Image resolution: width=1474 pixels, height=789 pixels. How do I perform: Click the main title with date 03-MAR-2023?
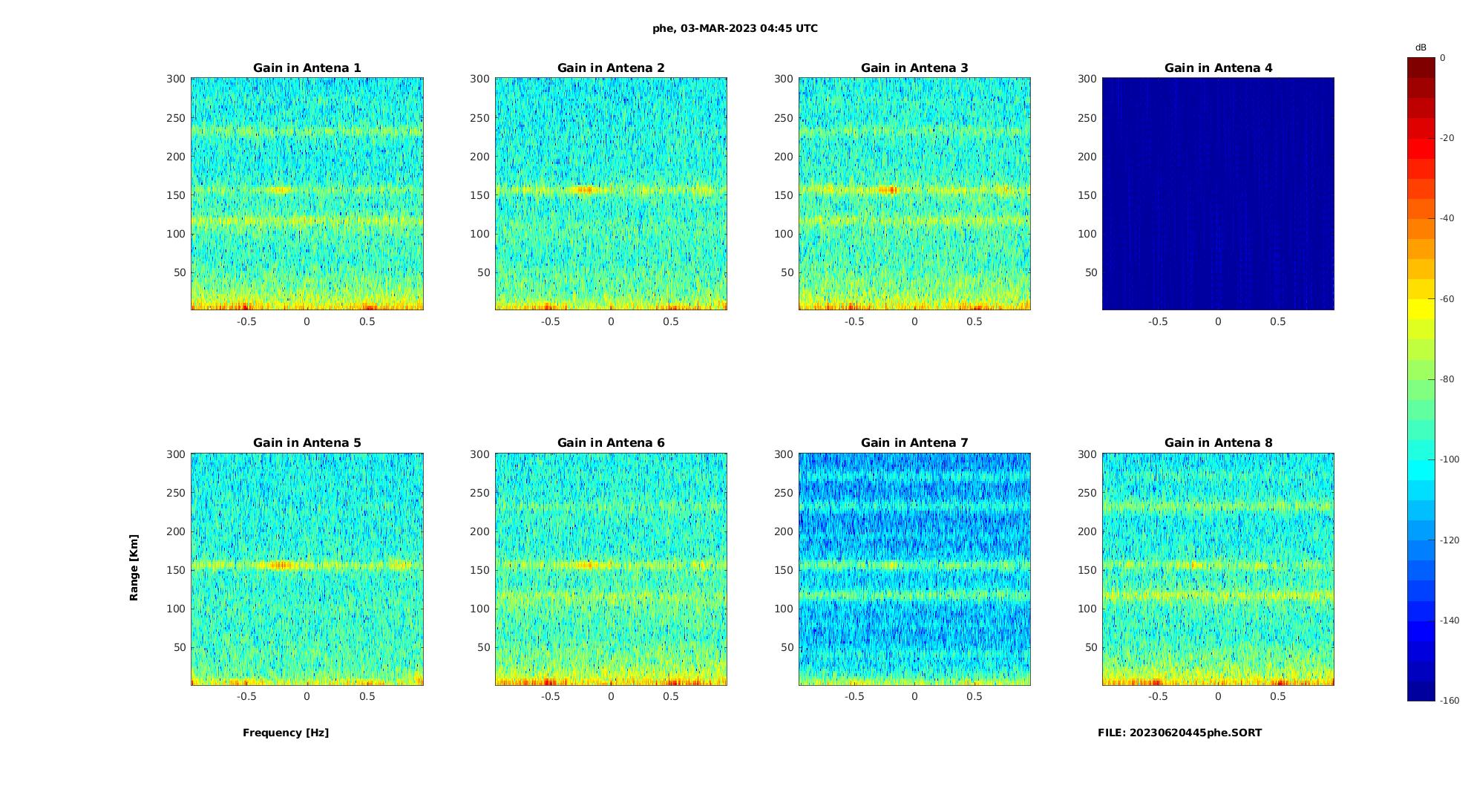pos(735,28)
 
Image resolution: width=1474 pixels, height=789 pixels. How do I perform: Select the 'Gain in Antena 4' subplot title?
pos(1218,68)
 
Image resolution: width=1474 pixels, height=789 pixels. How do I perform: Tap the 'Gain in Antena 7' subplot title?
pos(914,442)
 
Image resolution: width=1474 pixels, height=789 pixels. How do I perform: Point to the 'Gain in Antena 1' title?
pos(307,68)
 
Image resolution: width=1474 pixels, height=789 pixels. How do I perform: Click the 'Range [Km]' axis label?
pos(134,567)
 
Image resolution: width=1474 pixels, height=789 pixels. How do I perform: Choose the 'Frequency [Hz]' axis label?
pos(286,733)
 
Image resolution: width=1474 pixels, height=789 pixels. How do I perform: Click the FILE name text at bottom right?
pos(1179,733)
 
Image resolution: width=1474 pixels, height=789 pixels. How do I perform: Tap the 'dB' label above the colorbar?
pos(1421,48)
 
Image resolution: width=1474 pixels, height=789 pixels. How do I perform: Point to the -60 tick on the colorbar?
pos(1447,299)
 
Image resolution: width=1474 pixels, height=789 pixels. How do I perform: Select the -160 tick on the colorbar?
pos(1450,701)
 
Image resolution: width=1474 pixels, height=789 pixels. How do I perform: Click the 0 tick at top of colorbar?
pos(1443,58)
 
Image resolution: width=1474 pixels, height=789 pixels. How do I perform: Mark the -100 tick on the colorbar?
pos(1450,459)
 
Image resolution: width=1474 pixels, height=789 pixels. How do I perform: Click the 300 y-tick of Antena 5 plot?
pos(176,454)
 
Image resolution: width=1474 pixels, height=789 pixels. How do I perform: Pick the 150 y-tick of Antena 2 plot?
pos(480,195)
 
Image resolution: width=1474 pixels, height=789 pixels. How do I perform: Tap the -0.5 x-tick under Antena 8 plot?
pos(1158,696)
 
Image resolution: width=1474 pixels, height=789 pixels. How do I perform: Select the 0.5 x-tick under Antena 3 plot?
pos(975,321)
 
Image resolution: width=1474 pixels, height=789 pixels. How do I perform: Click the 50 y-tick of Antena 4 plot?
pos(1091,272)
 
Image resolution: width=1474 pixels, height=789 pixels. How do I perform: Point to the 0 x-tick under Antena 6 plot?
pos(611,696)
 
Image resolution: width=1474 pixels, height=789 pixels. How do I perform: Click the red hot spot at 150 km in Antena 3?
pos(889,190)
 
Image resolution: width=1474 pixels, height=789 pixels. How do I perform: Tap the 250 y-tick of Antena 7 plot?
pos(784,493)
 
